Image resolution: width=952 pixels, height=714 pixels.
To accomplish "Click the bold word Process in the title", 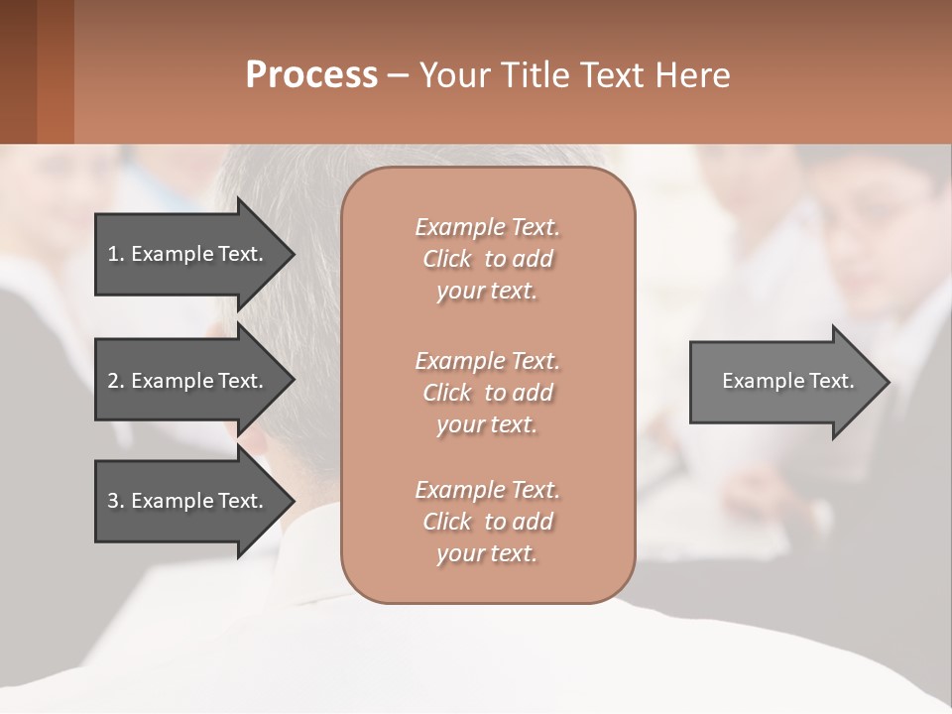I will (x=311, y=75).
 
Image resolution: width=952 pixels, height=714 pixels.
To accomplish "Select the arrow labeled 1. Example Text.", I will (x=185, y=254).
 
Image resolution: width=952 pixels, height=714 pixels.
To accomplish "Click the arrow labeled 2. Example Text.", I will (x=185, y=381).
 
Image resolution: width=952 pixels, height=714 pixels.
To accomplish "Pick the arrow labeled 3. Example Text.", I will (x=185, y=501).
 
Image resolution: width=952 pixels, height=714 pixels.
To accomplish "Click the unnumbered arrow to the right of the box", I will (x=783, y=382).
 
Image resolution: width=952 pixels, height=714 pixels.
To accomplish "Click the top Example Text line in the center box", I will (x=487, y=227).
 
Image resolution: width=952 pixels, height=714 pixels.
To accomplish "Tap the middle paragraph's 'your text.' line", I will (x=487, y=424).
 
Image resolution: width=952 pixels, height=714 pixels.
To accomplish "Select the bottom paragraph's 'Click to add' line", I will (x=487, y=522).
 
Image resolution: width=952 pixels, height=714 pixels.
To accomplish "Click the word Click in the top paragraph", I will (x=447, y=259).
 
